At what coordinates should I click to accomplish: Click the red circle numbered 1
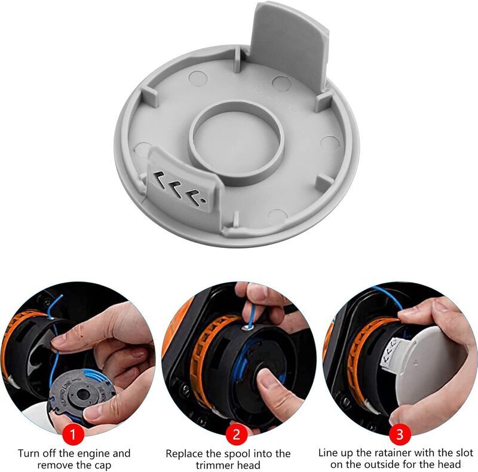click(72, 434)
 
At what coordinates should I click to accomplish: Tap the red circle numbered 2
click(237, 434)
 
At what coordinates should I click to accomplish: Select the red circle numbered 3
click(400, 434)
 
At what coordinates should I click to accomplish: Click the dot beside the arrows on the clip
click(202, 201)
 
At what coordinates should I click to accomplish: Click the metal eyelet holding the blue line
click(248, 328)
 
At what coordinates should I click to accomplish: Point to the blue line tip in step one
click(62, 296)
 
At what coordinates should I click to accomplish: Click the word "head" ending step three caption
click(449, 465)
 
